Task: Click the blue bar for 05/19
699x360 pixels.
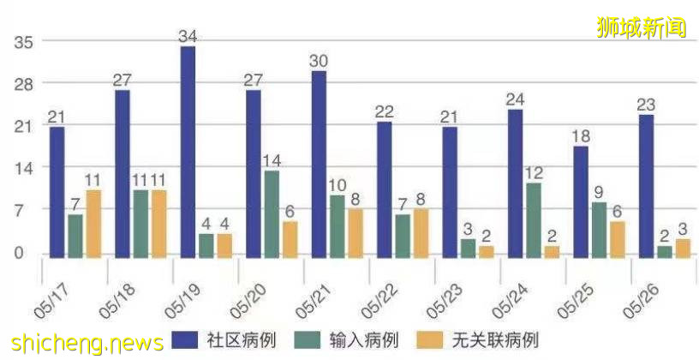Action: point(188,152)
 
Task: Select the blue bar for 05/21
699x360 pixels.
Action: point(319,164)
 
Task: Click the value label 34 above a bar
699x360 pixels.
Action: point(188,36)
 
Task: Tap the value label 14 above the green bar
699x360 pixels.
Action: point(272,161)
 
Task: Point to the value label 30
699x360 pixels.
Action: point(319,61)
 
